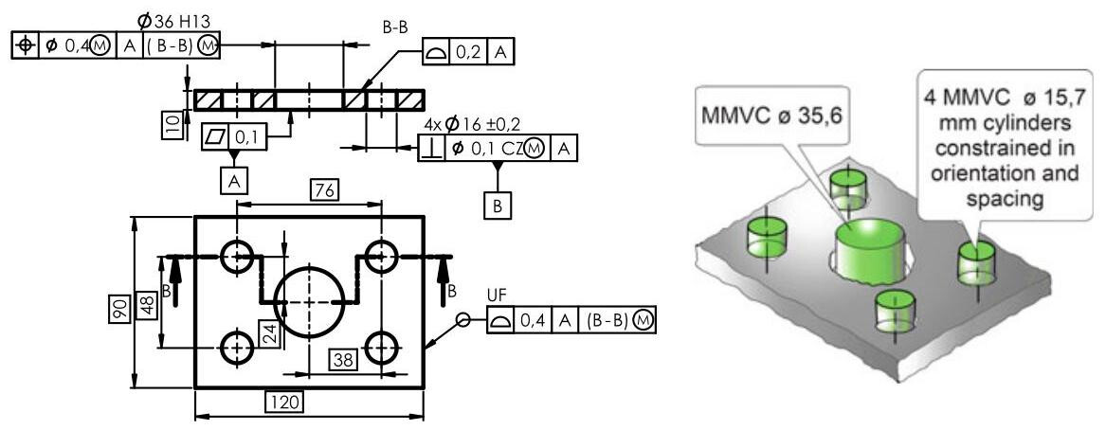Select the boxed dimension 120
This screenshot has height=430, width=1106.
pyautogui.click(x=283, y=403)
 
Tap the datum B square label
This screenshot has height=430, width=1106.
pyautogui.click(x=496, y=206)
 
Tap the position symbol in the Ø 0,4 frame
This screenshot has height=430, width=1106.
pyautogui.click(x=23, y=45)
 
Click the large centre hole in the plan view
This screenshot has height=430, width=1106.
pyautogui.click(x=308, y=301)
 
